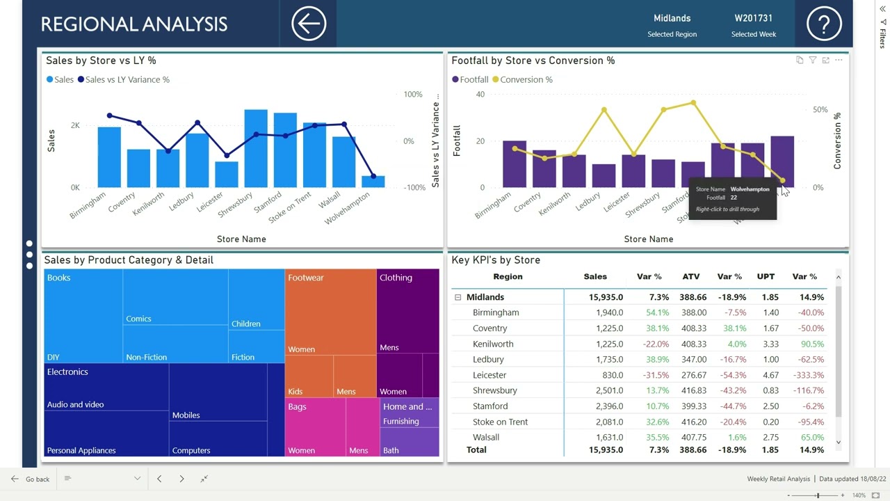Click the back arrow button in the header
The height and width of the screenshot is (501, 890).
309,24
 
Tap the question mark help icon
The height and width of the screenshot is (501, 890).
824,24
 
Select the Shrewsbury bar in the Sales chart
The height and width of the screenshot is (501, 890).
256,148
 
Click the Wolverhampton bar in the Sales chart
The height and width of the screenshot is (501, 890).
373,182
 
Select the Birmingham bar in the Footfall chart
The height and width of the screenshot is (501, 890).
515,164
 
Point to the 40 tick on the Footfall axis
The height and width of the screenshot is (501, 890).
480,94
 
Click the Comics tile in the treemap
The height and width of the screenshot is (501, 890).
138,319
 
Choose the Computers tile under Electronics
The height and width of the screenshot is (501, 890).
191,450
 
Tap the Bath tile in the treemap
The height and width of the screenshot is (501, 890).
391,450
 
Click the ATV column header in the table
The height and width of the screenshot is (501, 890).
690,276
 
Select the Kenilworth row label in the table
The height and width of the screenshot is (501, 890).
493,344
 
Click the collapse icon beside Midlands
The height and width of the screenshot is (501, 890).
458,297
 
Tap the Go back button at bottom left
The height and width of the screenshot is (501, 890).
31,479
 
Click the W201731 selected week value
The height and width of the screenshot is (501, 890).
754,18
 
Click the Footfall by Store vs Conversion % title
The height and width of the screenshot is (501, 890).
533,61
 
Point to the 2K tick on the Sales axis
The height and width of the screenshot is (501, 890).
75,125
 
